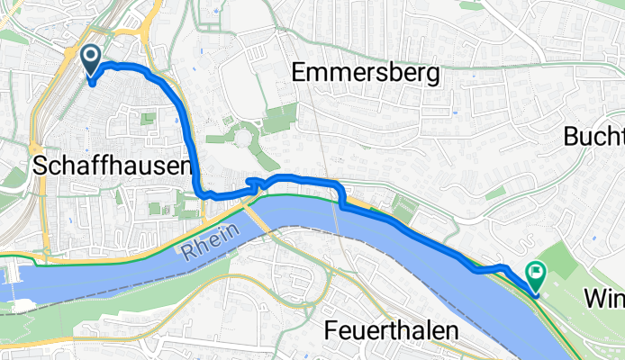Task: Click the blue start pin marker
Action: (92, 60)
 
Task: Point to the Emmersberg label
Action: (367, 74)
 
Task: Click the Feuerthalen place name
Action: (391, 331)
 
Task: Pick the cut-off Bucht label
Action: (595, 137)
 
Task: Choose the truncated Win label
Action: (603, 298)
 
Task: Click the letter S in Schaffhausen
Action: (40, 166)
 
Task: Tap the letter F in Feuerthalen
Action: (331, 331)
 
